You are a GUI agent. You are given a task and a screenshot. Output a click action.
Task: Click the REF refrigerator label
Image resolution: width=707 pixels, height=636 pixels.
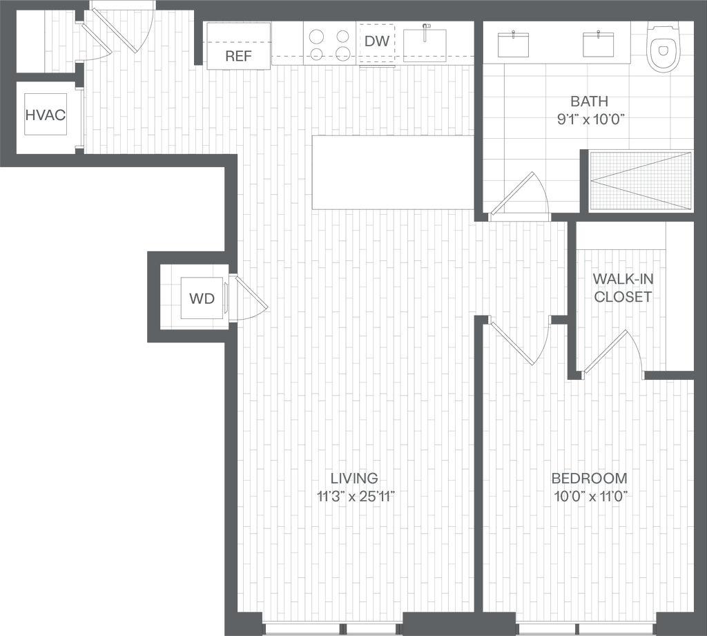point(238,56)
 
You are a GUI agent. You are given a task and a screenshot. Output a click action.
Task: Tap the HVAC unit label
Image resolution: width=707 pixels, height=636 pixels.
point(46,115)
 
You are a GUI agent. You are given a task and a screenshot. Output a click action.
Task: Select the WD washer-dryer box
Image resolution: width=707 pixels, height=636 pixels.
point(202,298)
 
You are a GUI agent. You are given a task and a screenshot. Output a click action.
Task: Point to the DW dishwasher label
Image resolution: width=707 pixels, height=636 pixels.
point(377,41)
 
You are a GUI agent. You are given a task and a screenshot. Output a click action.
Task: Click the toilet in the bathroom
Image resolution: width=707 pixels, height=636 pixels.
point(664,46)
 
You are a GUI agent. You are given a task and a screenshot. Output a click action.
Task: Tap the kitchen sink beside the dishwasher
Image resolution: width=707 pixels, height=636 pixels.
point(425,41)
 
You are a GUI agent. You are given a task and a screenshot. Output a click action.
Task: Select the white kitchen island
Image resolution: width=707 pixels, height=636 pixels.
point(393,172)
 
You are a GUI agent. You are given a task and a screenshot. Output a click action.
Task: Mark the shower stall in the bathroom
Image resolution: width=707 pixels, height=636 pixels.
point(640,180)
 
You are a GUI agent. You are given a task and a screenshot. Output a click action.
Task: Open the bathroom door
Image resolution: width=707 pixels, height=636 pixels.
point(518,195)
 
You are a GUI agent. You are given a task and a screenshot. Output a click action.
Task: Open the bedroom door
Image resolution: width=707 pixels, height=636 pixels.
point(512,342)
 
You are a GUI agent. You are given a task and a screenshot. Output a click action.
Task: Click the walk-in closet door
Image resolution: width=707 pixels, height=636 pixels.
point(606,352)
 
